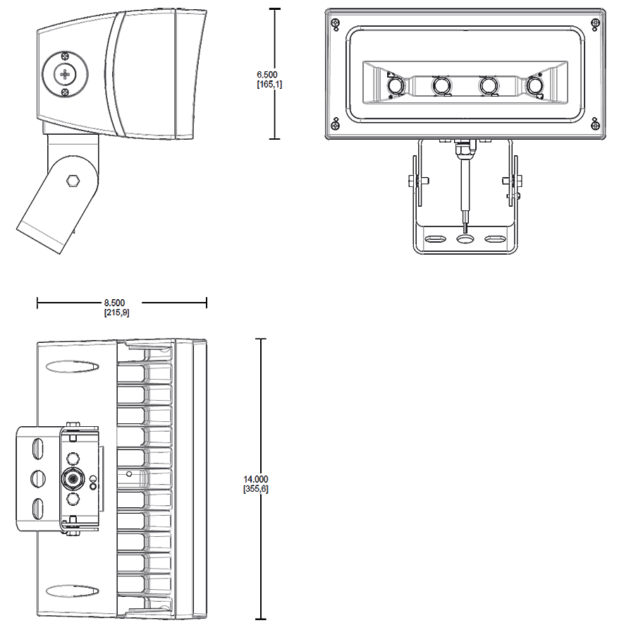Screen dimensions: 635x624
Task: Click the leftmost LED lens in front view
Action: [x=396, y=86]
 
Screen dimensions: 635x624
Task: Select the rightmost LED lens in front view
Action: [x=535, y=86]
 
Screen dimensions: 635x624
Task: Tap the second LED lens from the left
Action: [x=442, y=86]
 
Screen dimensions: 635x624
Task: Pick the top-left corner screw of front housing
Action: [x=336, y=21]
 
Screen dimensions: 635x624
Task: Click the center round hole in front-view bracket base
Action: [x=465, y=238]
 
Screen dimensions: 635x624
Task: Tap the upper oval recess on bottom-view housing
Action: [x=72, y=367]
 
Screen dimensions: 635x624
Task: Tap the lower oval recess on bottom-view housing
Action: [x=72, y=590]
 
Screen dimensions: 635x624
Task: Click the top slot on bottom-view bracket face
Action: [x=37, y=448]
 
